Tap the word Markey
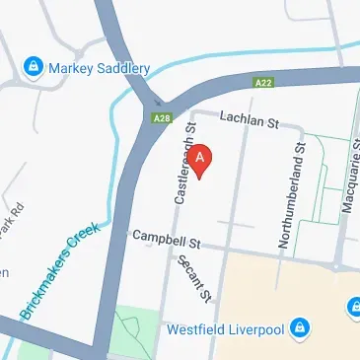tap(74, 67)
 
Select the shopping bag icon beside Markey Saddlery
tap(34, 67)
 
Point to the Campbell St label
tap(167, 239)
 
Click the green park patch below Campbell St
tap(133, 331)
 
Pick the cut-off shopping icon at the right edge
tap(353, 309)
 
